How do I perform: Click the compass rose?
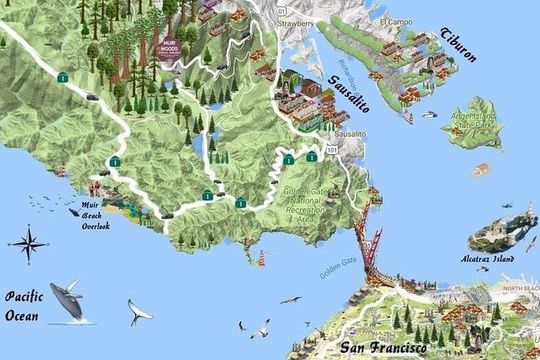click(30, 241)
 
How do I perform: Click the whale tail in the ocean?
click(139, 313)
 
